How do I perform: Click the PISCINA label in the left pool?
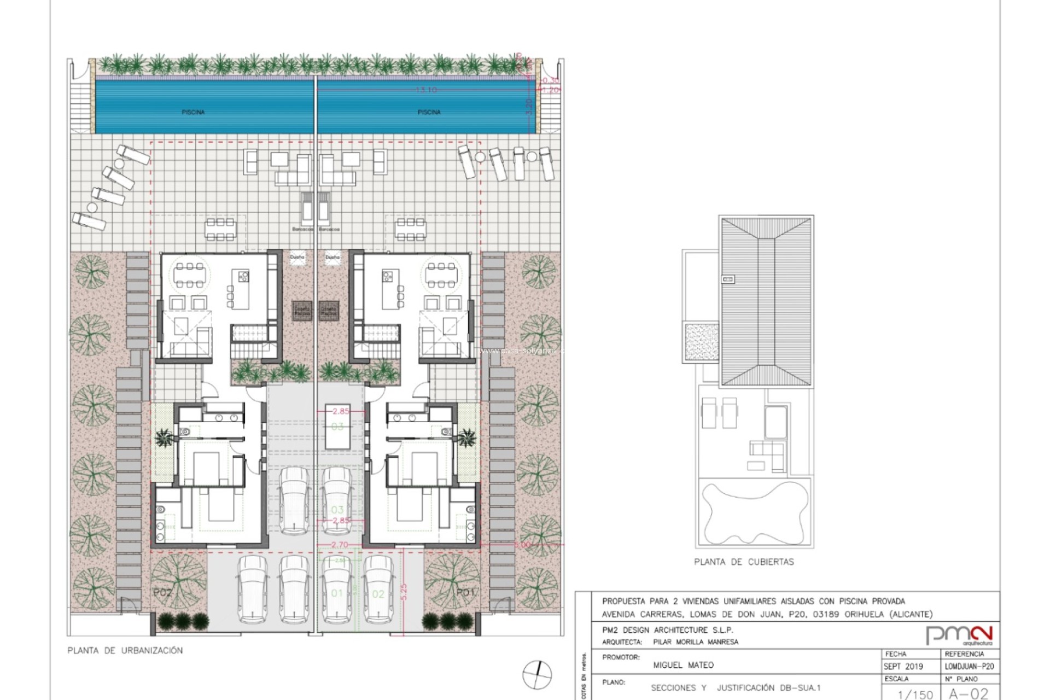click(x=193, y=112)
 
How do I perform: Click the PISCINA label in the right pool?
click(x=429, y=112)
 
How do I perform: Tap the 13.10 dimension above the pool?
click(x=426, y=90)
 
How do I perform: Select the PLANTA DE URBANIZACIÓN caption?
click(x=125, y=650)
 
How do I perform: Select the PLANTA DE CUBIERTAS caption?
click(x=744, y=562)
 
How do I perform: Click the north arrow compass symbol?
click(x=536, y=674)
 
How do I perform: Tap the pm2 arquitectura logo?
click(x=959, y=635)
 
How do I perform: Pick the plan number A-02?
click(x=969, y=694)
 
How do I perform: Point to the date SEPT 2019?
click(x=903, y=667)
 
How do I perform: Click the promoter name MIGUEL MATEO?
click(x=683, y=665)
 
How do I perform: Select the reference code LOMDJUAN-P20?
click(x=969, y=667)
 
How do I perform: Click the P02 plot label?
click(x=162, y=593)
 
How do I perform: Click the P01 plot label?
click(x=466, y=592)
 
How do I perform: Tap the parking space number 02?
click(x=378, y=594)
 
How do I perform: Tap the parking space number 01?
click(x=337, y=593)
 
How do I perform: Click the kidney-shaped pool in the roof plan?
click(x=754, y=512)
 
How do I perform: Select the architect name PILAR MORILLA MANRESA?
click(x=696, y=642)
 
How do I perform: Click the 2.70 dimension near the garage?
click(x=340, y=545)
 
